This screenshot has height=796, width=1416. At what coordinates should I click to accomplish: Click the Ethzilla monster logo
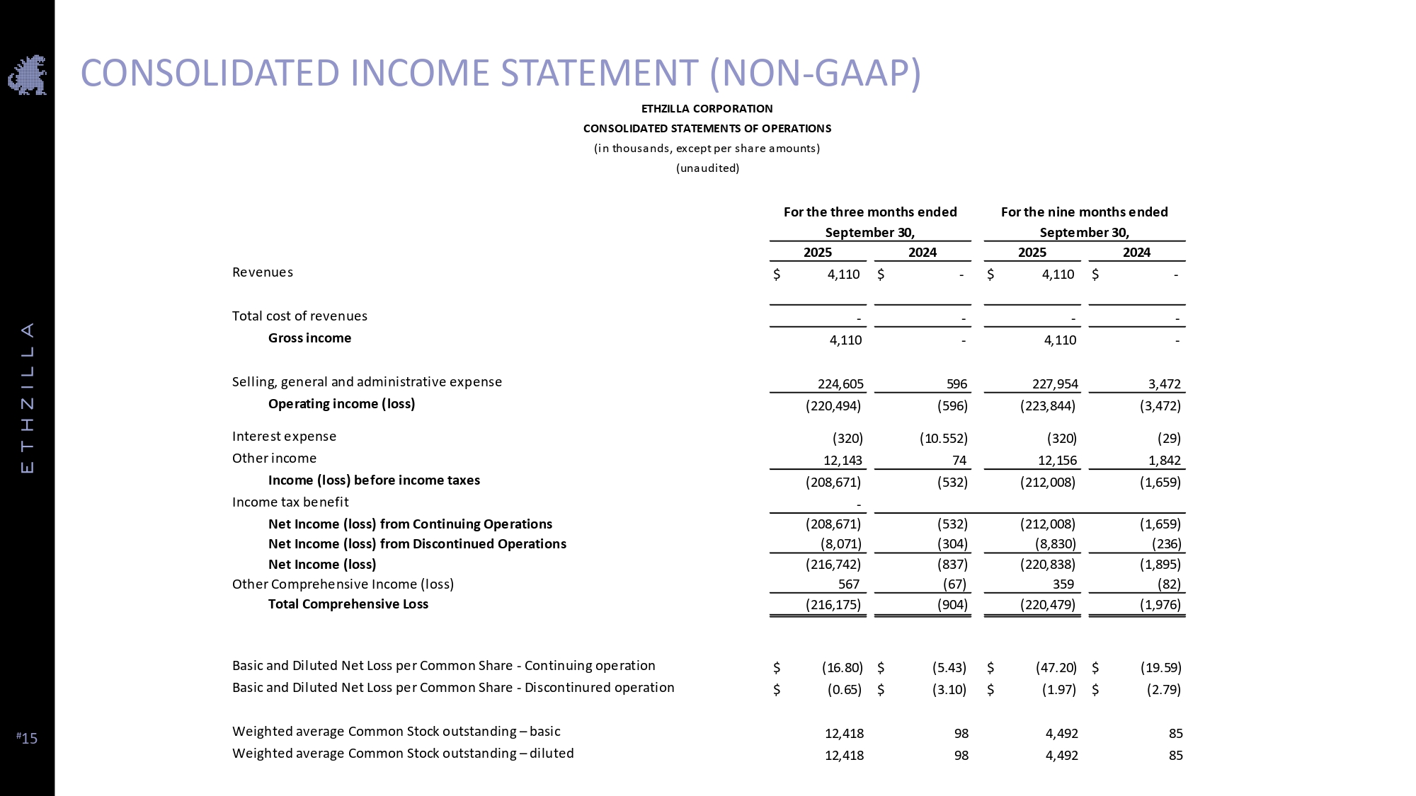(x=27, y=75)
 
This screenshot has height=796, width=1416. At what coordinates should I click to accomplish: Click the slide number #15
(x=27, y=738)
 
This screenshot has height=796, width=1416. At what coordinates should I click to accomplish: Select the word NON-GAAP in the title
(x=815, y=73)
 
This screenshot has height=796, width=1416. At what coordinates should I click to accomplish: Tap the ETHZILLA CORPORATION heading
(x=707, y=109)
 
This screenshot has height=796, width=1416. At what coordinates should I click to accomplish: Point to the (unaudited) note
(x=707, y=168)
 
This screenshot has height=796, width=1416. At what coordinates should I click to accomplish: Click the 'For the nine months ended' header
(x=1084, y=212)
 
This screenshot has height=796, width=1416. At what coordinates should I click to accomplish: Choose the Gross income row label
(x=309, y=338)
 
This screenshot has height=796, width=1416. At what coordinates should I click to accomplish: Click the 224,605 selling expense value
(x=840, y=384)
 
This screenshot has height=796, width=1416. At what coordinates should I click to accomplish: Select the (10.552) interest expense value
(x=943, y=439)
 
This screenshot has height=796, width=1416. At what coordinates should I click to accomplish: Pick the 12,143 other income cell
(x=843, y=461)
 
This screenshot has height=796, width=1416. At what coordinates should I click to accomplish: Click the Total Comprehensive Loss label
(x=348, y=604)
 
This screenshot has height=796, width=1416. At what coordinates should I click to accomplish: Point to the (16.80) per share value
(x=842, y=667)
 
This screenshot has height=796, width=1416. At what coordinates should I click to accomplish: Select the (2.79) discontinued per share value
(x=1163, y=689)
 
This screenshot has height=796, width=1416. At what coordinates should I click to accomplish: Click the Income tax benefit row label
(x=290, y=502)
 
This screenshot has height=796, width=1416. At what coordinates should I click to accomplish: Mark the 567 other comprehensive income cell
(x=848, y=584)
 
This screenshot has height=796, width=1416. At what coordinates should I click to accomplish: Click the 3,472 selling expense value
(x=1164, y=384)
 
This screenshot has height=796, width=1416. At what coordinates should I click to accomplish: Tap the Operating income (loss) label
(x=341, y=404)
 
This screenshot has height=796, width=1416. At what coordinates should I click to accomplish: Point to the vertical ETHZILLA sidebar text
(x=28, y=398)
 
